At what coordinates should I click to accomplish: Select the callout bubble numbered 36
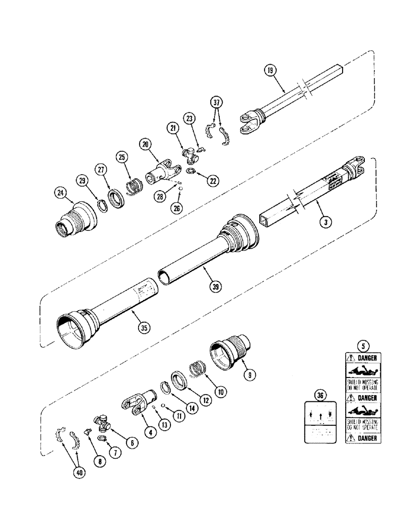[319, 395]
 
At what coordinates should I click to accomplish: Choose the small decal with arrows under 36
[319, 423]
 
